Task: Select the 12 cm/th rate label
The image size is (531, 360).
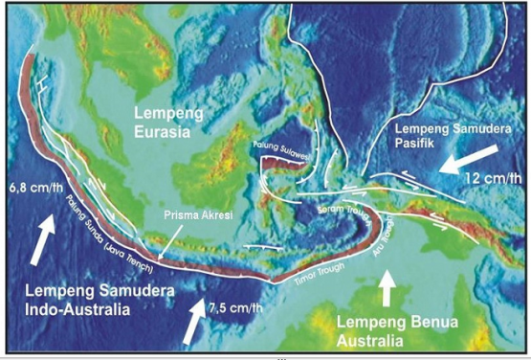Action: point(491,179)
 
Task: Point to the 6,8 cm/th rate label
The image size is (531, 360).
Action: point(33,186)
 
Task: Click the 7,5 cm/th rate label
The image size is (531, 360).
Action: point(235,308)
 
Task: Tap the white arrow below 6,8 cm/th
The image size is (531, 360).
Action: point(34,238)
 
